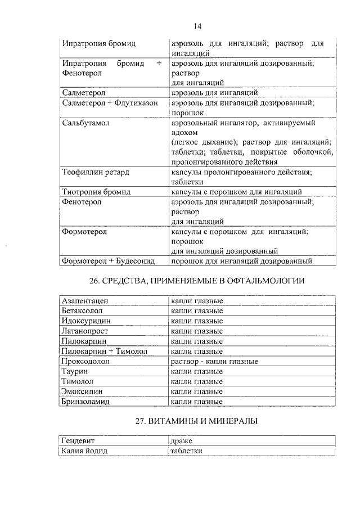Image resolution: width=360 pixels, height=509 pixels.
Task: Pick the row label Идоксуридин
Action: (x=85, y=321)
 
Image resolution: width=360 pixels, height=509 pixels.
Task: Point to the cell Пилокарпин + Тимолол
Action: (x=104, y=351)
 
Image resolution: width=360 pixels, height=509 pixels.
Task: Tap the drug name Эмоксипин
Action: (x=82, y=391)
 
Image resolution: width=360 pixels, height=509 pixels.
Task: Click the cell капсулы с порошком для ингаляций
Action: (x=237, y=192)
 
